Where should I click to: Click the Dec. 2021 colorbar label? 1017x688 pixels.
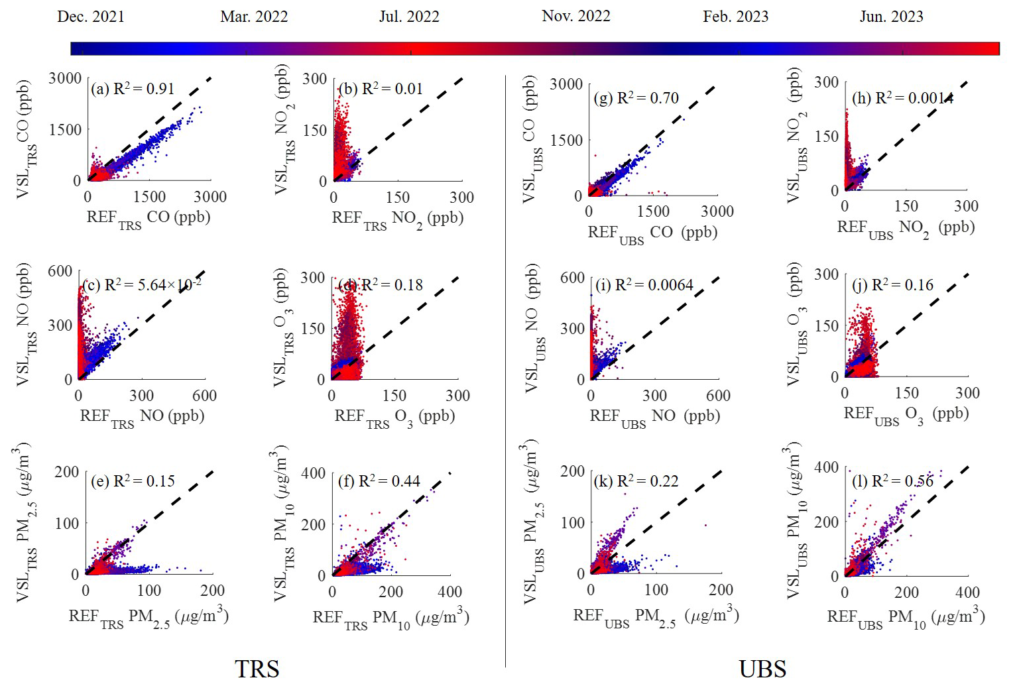(91, 17)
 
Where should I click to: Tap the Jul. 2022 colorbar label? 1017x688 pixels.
(409, 17)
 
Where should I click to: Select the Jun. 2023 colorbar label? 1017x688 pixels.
(891, 17)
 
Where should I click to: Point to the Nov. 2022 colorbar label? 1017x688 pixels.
(575, 17)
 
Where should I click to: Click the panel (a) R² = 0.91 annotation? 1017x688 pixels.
(133, 89)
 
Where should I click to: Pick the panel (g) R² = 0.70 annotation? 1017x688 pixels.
(636, 98)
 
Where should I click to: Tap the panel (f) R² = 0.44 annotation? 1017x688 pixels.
(379, 481)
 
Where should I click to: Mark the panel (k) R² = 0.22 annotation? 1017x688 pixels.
(636, 481)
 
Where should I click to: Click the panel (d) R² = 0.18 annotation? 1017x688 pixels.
(381, 285)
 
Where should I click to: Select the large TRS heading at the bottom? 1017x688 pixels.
(257, 669)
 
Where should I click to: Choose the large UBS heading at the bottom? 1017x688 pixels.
(762, 669)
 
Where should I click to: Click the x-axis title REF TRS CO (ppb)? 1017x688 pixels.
(149, 219)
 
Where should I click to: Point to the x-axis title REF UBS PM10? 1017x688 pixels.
(906, 618)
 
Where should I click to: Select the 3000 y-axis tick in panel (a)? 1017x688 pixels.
(65, 78)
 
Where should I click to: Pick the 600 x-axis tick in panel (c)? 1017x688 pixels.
(204, 396)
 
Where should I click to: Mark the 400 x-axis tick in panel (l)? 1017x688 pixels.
(967, 592)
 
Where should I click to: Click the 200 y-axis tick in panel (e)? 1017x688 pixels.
(67, 472)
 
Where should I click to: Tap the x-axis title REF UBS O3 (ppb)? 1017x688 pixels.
(906, 415)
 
